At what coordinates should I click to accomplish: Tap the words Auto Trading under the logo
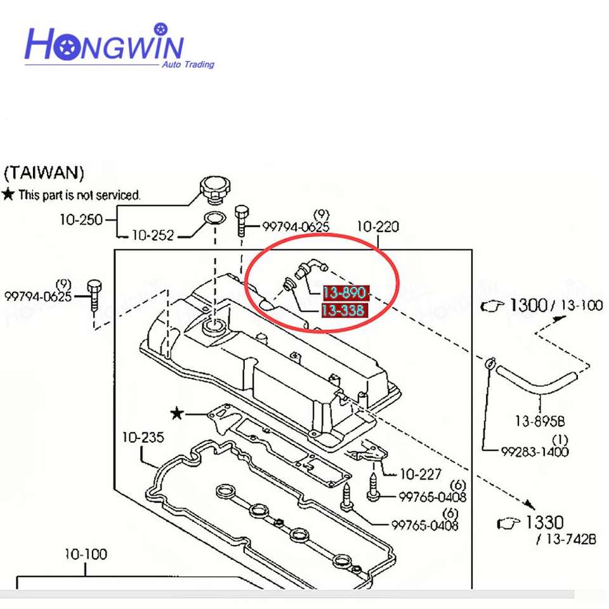pyautogui.click(x=188, y=64)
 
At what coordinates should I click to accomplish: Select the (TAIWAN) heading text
pyautogui.click(x=44, y=173)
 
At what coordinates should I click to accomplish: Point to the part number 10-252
pyautogui.click(x=152, y=235)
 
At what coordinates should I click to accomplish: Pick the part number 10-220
pyautogui.click(x=378, y=226)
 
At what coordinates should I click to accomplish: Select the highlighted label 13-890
pyautogui.click(x=345, y=293)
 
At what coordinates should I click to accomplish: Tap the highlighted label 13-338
pyautogui.click(x=343, y=310)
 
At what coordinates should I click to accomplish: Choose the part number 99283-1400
pyautogui.click(x=535, y=452)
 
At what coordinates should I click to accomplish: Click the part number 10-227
pyautogui.click(x=421, y=474)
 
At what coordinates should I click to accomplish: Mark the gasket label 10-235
pyautogui.click(x=143, y=437)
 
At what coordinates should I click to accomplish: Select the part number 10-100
pyautogui.click(x=86, y=554)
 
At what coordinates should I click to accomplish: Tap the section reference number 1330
pyautogui.click(x=544, y=523)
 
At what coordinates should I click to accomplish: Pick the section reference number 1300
pyautogui.click(x=528, y=305)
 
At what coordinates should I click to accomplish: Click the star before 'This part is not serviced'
pyautogui.click(x=8, y=194)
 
